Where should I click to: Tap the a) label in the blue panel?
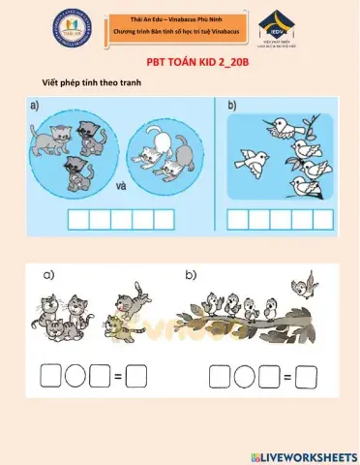point(36,106)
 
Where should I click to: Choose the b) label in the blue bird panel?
point(233,106)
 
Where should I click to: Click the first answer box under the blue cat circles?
point(76,217)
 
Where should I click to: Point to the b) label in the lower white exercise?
point(192,275)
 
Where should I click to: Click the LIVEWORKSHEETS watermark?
point(303,455)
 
